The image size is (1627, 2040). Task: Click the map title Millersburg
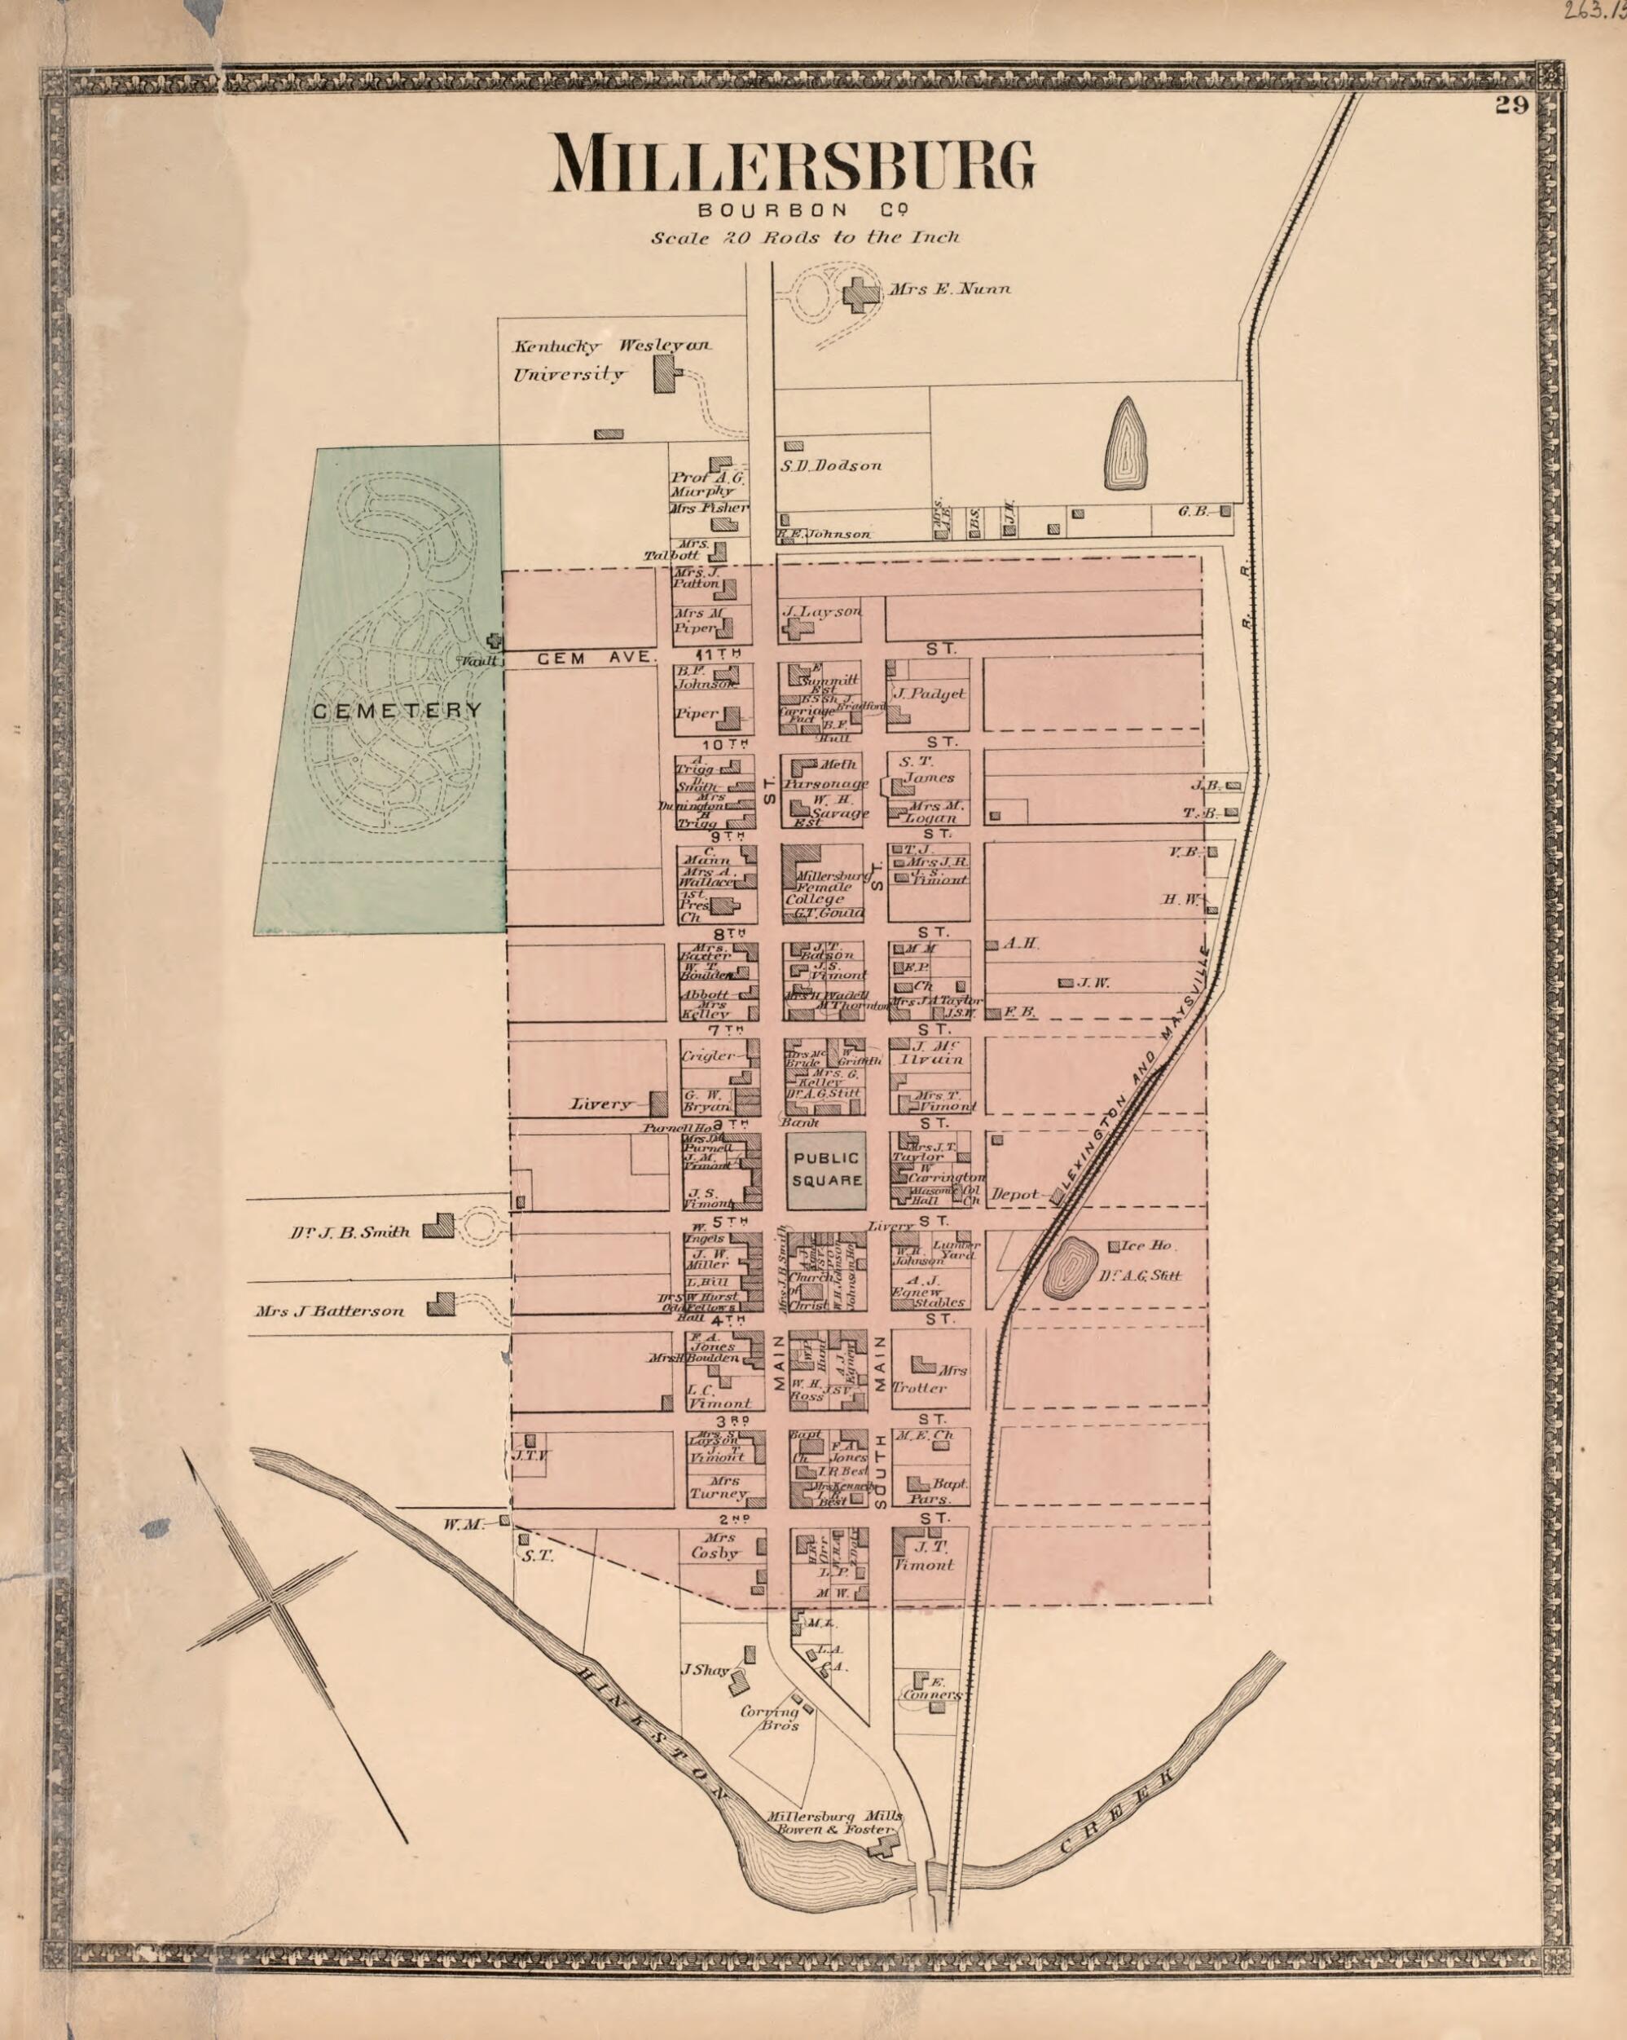[792, 165]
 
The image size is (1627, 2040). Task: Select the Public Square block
[827, 1170]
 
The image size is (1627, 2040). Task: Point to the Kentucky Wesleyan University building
[667, 377]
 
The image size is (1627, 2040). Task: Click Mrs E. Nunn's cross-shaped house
[860, 294]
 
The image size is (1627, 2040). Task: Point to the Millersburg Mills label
[833, 1817]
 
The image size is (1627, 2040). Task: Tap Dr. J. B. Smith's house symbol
[438, 1227]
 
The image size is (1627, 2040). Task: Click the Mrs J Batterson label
[329, 1311]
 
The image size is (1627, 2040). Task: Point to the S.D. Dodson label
[830, 465]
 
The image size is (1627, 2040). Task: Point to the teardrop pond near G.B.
[1124, 443]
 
